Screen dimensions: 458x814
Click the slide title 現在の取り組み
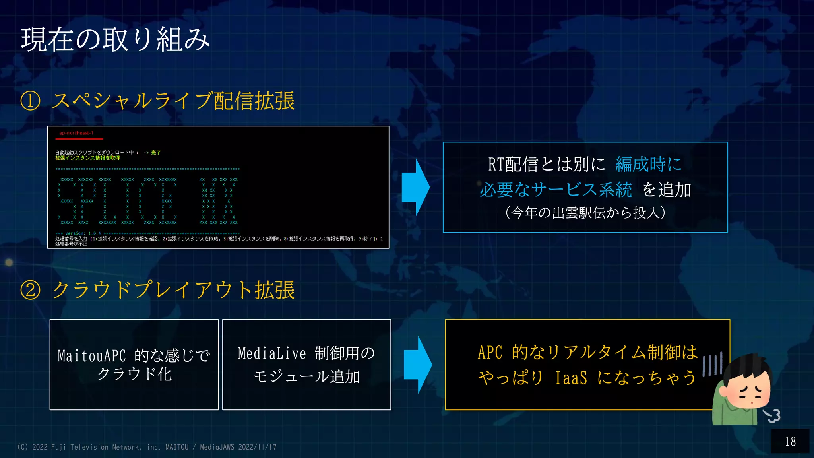(x=115, y=40)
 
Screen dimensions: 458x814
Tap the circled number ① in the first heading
(x=31, y=101)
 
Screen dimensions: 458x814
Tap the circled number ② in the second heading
(x=31, y=290)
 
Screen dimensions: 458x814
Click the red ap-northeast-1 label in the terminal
(x=76, y=133)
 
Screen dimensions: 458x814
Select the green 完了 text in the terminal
(x=156, y=153)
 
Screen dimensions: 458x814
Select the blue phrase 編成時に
(x=648, y=164)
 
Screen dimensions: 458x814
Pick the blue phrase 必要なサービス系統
(x=556, y=190)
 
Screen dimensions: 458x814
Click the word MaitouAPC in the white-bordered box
(x=92, y=356)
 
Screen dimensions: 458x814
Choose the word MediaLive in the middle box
(x=272, y=353)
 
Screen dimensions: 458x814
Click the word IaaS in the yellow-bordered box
(x=571, y=378)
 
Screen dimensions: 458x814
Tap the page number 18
(x=790, y=441)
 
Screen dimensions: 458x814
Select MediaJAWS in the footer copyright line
(x=217, y=447)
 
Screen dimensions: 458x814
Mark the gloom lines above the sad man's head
(x=712, y=364)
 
